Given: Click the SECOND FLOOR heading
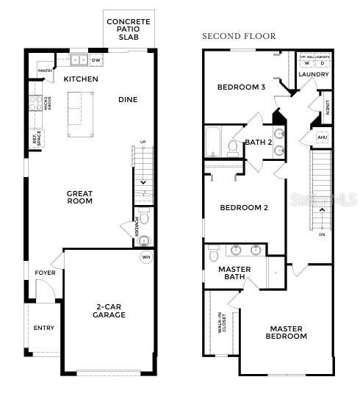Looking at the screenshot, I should (x=239, y=36).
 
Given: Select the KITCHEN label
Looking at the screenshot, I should (x=81, y=79).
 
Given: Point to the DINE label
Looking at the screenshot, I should (x=128, y=99).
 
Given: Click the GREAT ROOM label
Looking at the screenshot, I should (x=79, y=197).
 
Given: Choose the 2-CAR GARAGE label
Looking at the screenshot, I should (x=109, y=310).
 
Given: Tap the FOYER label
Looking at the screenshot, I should (x=45, y=273).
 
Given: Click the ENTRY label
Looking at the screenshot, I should (x=44, y=328).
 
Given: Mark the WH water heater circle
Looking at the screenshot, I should (x=145, y=256).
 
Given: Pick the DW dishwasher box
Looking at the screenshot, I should (x=96, y=60).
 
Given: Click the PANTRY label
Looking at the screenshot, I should (x=45, y=71).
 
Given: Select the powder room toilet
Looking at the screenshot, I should (x=145, y=218).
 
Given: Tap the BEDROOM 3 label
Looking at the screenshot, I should (x=241, y=87).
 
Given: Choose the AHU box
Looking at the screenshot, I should (x=322, y=137).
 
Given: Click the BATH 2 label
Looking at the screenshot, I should (x=259, y=142).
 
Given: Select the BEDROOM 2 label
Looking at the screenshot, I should (x=244, y=207).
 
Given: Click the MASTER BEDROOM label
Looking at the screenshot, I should (x=286, y=332).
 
